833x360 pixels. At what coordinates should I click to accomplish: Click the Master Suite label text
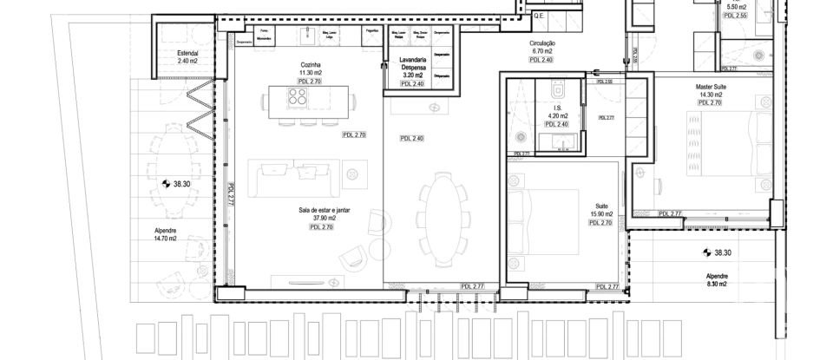tap(710, 87)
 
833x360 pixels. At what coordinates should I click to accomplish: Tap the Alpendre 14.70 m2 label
tap(165, 234)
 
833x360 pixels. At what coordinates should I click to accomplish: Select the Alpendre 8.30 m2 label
tap(717, 279)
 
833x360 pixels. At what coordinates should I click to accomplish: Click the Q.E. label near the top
tap(537, 16)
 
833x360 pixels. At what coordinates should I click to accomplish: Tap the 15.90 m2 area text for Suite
tap(600, 214)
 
